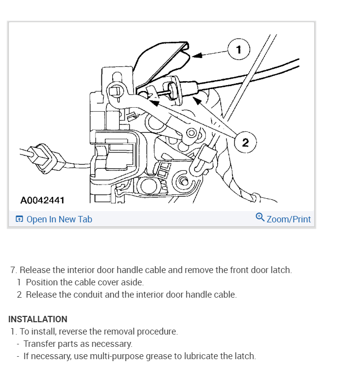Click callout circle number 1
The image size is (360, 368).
click(x=239, y=50)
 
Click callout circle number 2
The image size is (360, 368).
click(x=245, y=143)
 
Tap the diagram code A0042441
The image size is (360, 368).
click(x=42, y=201)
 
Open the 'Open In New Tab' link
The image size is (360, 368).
click(x=59, y=219)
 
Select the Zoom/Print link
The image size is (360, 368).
click(x=289, y=219)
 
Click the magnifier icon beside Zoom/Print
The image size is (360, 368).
click(x=260, y=217)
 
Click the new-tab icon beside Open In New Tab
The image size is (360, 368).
click(x=19, y=219)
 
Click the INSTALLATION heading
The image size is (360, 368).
click(x=38, y=319)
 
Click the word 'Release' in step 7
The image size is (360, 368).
click(x=35, y=270)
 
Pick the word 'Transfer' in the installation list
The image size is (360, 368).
click(x=38, y=343)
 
